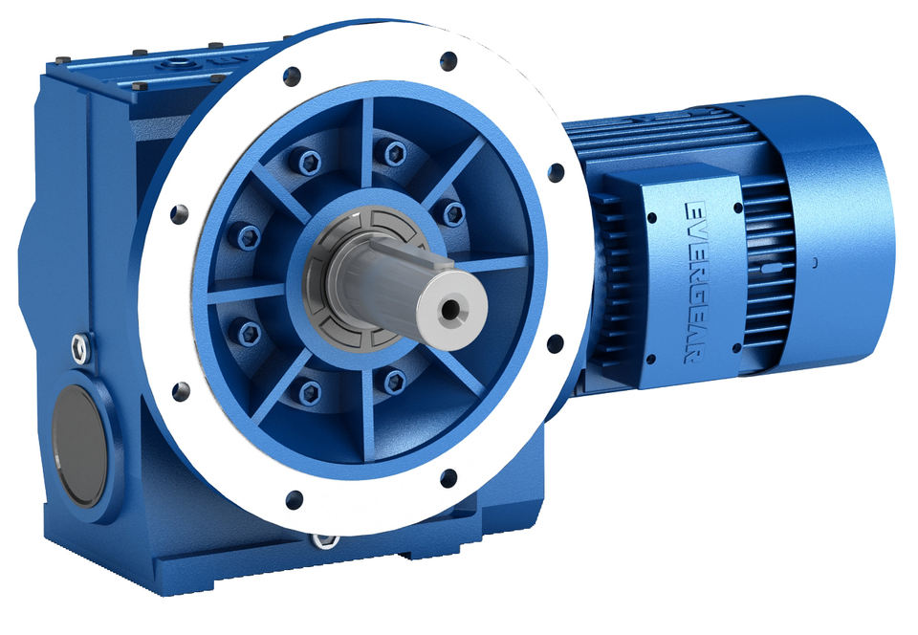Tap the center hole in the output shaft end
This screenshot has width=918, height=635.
[450, 310]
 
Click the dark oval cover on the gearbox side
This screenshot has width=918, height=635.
[79, 446]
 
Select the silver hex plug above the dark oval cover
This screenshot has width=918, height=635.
[79, 348]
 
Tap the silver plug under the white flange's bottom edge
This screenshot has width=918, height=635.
[325, 540]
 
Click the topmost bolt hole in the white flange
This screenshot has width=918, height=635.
[448, 61]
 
